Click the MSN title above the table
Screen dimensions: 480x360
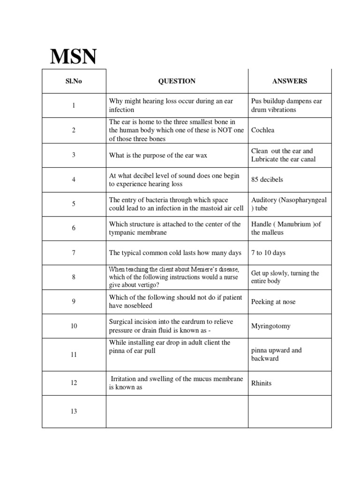(x=74, y=57)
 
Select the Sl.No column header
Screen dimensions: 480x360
(x=74, y=81)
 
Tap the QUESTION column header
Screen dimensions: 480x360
(x=177, y=81)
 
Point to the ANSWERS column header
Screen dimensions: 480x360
(x=290, y=81)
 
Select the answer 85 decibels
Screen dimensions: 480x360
(x=267, y=180)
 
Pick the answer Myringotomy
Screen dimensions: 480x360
(x=271, y=326)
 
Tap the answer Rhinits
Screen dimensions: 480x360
(x=261, y=383)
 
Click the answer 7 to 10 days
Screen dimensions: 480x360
(x=268, y=253)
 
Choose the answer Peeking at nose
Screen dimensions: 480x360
(x=273, y=302)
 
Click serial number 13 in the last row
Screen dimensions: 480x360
(x=74, y=412)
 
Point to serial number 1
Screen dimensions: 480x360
(x=74, y=105)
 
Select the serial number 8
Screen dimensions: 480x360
(x=74, y=277)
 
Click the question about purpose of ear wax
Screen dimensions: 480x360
(x=158, y=155)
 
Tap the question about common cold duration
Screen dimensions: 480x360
(x=175, y=253)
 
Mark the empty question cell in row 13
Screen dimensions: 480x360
(x=177, y=412)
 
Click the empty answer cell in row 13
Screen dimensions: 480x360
(x=290, y=412)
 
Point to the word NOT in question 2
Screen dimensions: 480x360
(x=217, y=130)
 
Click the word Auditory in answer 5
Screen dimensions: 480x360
(x=265, y=200)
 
